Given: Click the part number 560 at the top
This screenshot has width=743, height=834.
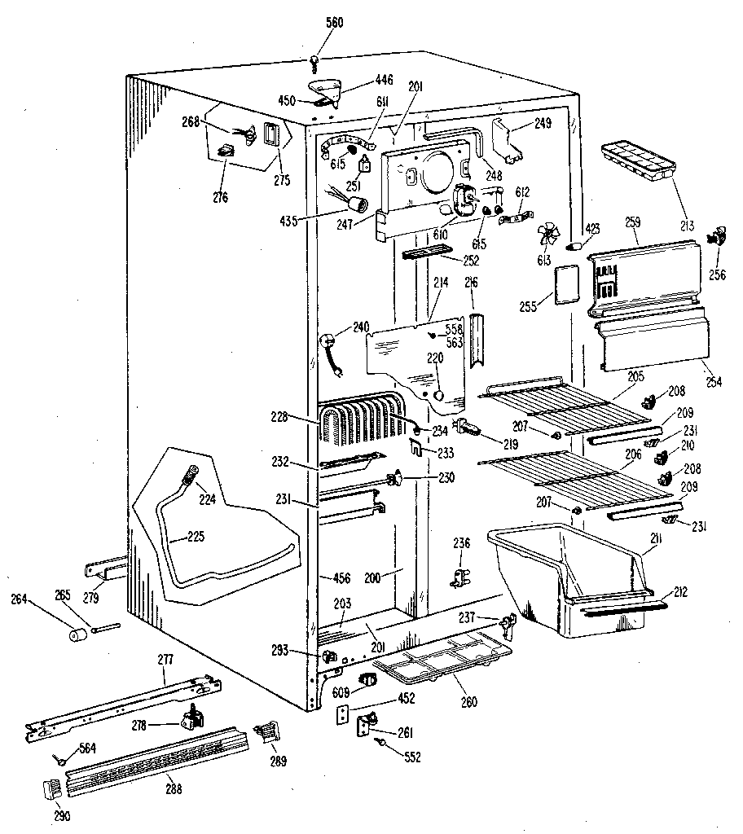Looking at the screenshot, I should tap(312, 22).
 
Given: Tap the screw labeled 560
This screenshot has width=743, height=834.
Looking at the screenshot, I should tap(314, 59).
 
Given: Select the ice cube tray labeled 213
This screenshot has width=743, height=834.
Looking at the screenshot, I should tap(639, 161).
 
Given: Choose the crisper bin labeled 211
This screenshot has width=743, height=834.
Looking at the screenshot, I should tap(570, 578).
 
